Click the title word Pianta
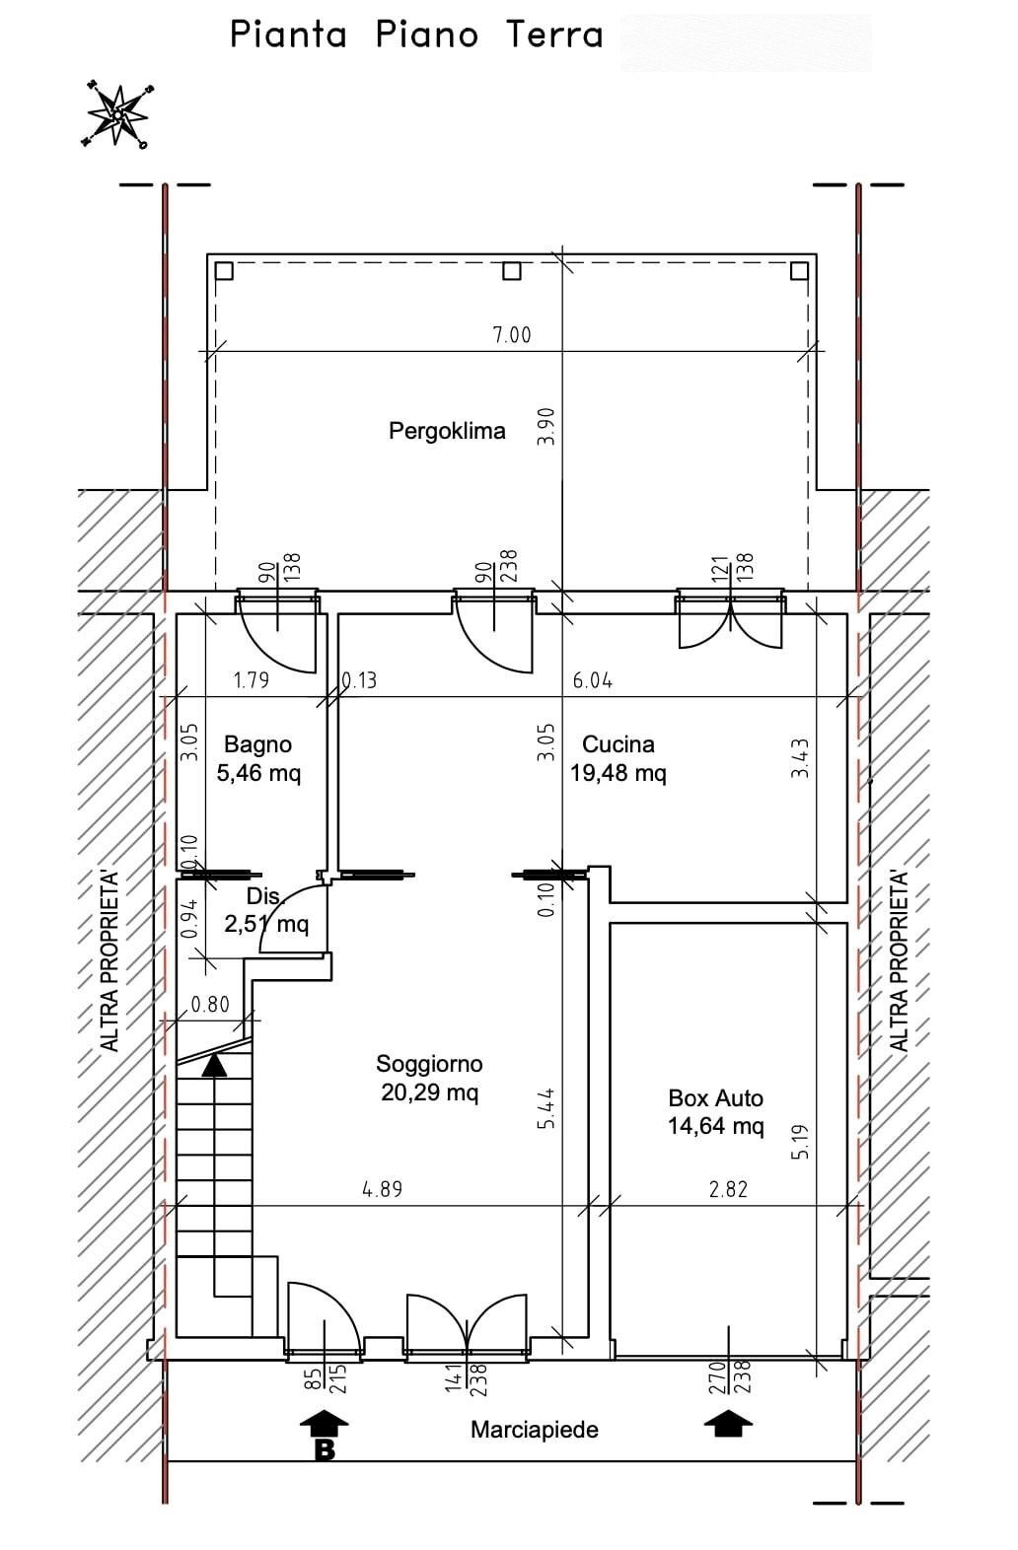288,35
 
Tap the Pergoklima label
447,431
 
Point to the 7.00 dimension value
512,335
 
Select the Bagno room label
258,743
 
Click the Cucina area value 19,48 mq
618,772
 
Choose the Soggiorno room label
429,1063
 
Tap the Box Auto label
715,1097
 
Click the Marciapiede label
535,1429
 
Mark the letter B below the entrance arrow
325,1449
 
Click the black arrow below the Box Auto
728,1425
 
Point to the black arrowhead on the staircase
214,1065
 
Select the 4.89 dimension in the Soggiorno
382,1189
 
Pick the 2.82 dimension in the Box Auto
728,1189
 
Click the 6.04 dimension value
593,681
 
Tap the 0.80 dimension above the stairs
210,1004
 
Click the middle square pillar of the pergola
511,270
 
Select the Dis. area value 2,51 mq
266,924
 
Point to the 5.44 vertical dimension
546,1108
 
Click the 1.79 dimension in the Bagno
252,681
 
